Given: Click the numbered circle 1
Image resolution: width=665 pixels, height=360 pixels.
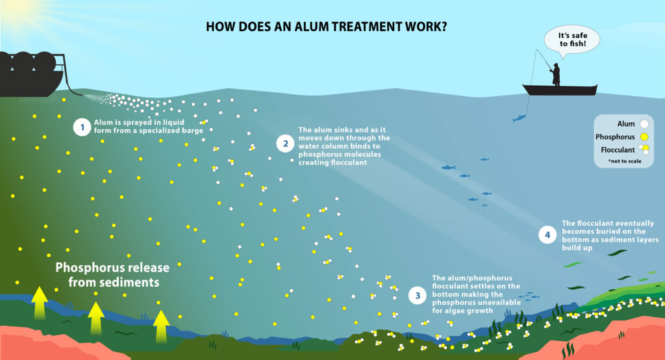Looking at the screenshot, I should tap(81, 127).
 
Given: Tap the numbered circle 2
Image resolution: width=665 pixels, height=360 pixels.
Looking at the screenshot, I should tap(284, 144).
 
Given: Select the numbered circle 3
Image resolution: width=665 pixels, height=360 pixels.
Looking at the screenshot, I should tap(418, 296).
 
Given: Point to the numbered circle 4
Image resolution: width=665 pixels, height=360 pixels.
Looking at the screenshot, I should tap(547, 234).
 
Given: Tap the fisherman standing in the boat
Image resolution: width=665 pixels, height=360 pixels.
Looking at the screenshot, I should tap(555, 74).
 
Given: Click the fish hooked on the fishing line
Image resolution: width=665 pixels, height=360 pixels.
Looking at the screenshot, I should tap(518, 118).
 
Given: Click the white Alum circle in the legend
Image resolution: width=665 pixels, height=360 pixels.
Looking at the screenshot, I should tap(644, 123).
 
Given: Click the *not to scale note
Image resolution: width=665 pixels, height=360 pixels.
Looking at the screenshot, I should tap(625, 161).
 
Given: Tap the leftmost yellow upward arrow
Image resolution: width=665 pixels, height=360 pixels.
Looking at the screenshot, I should tap(40, 303).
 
